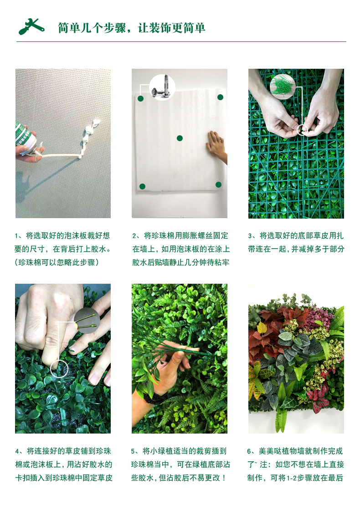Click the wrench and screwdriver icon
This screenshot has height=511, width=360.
tap(31, 26)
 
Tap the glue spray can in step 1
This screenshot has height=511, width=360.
tap(25, 139)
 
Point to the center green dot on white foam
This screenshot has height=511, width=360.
tap(180, 138)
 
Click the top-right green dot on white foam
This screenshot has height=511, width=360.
tap(220, 97)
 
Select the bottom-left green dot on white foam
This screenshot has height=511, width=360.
tap(142, 186)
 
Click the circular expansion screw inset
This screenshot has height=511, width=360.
tap(162, 87)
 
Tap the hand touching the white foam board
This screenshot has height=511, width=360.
tap(216, 147)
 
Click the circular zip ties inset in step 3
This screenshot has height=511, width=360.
tap(283, 87)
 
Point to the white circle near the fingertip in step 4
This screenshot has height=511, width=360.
tap(59, 368)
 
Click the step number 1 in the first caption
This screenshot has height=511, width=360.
tap(16, 236)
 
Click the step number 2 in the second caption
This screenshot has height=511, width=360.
tap(134, 236)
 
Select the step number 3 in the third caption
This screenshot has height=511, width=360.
tap(250, 236)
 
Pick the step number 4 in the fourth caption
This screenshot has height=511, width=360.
tap(17, 451)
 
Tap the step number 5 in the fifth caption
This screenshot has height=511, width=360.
tap(134, 451)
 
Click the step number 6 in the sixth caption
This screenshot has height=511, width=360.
tap(250, 451)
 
